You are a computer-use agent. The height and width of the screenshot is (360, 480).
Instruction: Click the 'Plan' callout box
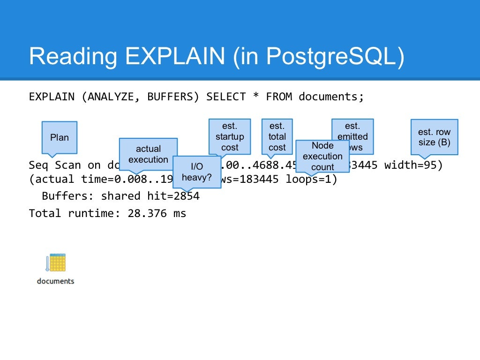pos(60,137)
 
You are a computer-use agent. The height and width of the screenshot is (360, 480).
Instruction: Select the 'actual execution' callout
pos(148,154)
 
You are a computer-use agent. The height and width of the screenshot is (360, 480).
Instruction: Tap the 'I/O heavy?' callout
pos(196,172)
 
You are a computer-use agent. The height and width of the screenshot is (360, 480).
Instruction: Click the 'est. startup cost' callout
pos(230,136)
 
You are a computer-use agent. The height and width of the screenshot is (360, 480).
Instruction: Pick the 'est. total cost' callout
pos(277,136)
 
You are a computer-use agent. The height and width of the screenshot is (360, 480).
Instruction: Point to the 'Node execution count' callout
pos(322,156)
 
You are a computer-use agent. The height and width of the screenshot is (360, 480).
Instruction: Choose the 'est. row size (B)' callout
pos(434,137)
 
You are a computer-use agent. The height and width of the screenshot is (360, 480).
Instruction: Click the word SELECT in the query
pos(226,97)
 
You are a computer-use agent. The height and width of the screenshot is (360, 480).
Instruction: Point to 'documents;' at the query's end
pos(331,97)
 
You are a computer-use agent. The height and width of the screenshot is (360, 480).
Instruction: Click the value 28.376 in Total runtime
pos(147,213)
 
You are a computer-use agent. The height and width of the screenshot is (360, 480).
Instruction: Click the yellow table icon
pos(57,262)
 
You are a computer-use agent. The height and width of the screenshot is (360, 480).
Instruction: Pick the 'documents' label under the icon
pos(55,281)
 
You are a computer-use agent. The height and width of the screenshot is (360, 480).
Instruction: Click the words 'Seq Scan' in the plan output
pos(55,165)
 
